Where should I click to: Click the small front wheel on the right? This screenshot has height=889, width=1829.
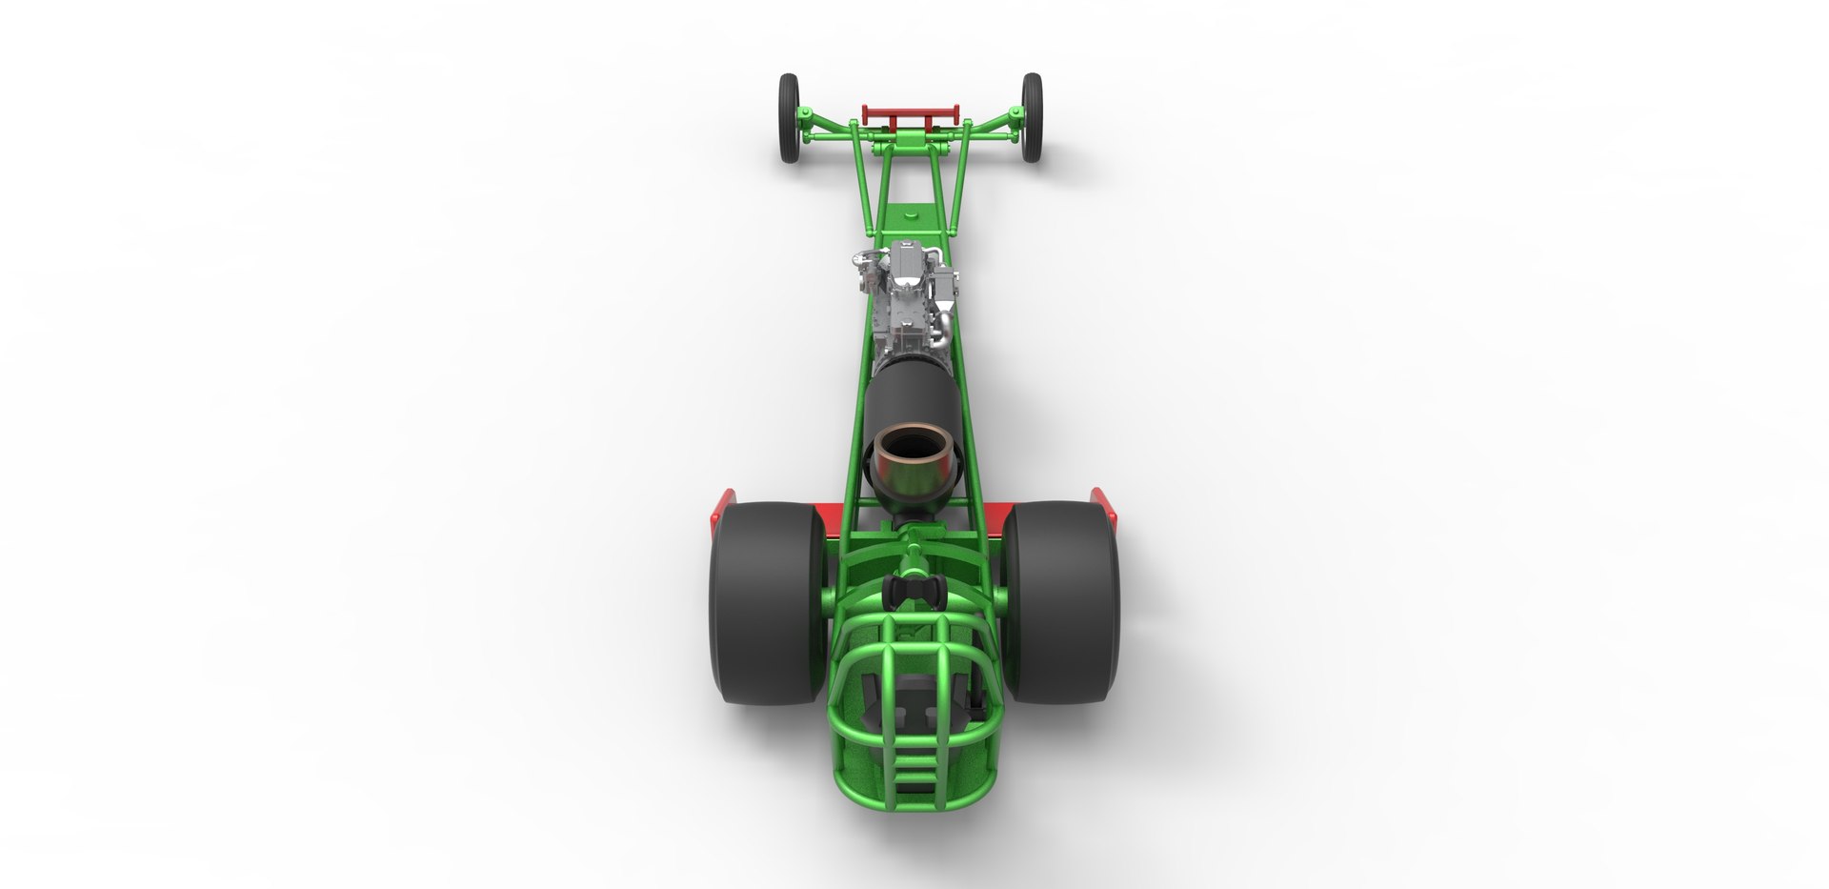point(1033,115)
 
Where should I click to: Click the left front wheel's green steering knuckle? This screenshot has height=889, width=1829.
point(808,118)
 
